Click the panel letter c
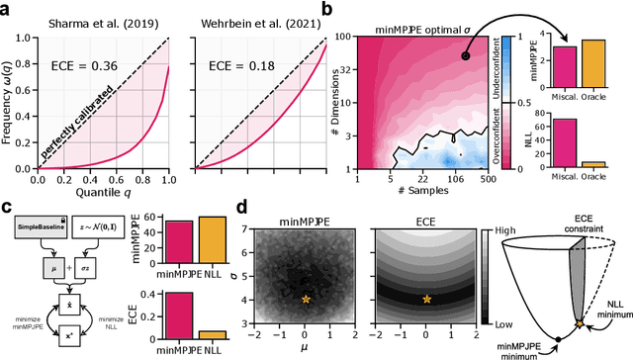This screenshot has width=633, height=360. point(8,209)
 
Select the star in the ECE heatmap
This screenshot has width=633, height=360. point(426,299)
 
